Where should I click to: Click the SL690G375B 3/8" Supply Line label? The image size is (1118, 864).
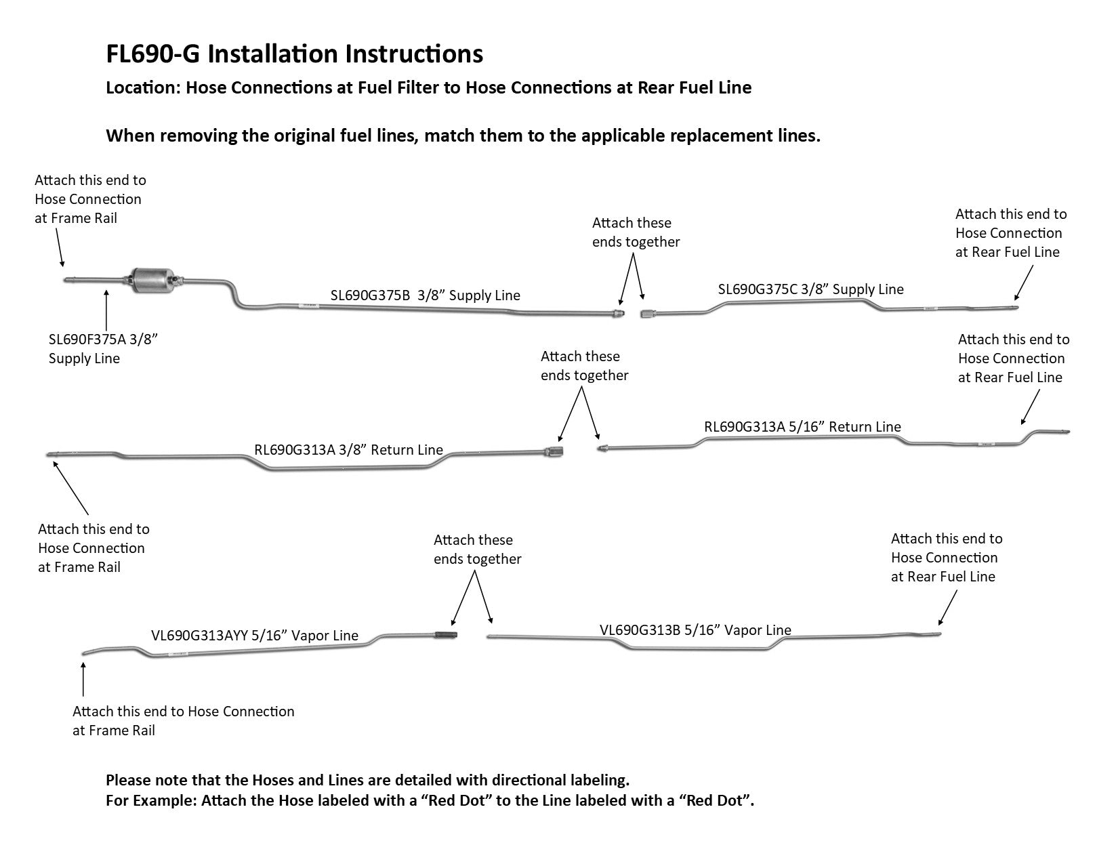pos(425,295)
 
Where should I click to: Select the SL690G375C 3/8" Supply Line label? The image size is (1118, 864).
pos(810,289)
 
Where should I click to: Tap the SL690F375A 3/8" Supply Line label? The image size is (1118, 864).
pos(102,348)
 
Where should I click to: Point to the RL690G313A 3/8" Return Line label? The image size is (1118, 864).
pos(348,450)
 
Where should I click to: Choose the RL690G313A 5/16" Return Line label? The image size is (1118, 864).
pos(802,427)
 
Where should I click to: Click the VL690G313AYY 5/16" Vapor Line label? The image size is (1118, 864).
pos(254,636)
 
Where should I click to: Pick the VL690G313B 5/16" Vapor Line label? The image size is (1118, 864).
pos(695,630)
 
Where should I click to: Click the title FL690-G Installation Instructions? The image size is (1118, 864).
pos(294,54)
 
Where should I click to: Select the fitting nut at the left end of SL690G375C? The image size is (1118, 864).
pos(648,314)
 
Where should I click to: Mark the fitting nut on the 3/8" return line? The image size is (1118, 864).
pos(554,450)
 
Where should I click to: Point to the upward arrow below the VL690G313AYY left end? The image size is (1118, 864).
pos(83,679)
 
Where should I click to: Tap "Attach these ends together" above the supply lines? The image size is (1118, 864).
pos(636,232)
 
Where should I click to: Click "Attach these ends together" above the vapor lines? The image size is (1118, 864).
pos(477,550)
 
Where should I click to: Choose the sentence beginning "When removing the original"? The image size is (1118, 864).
pos(463,136)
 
